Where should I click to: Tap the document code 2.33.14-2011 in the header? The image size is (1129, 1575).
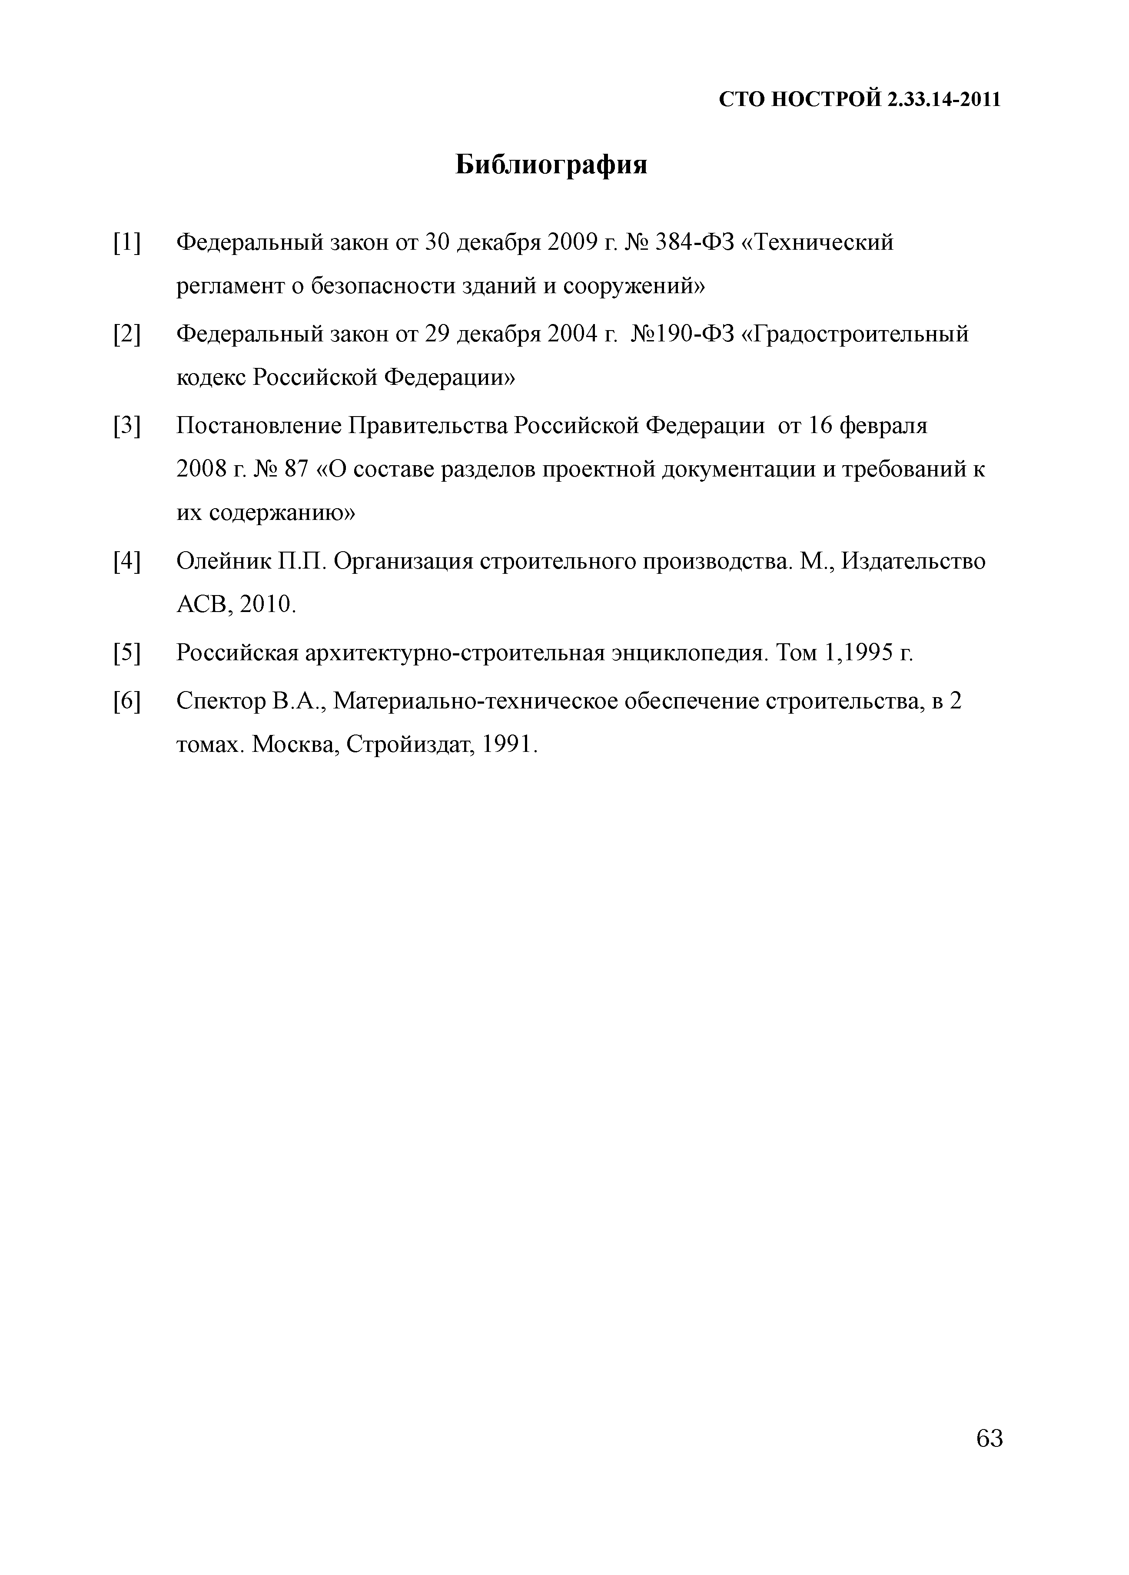943,100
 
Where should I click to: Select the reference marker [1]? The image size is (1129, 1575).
126,243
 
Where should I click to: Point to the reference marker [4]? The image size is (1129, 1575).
126,561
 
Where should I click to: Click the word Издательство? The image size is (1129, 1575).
913,561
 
